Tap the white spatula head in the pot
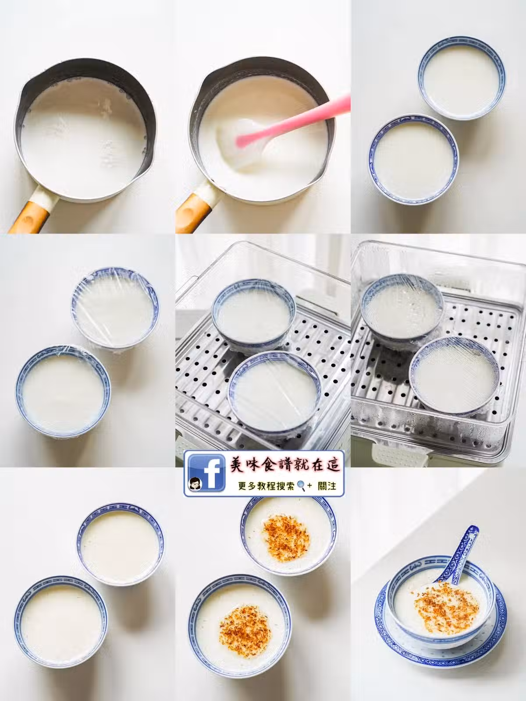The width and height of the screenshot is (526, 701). (x=243, y=144)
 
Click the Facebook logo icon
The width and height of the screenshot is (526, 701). (x=206, y=474)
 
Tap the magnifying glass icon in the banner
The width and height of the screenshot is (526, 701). (x=301, y=486)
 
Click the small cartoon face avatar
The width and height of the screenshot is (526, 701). (x=194, y=484)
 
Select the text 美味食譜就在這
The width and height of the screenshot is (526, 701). (x=285, y=465)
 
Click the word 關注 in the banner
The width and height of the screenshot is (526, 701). (x=327, y=486)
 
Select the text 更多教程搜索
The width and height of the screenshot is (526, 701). (x=266, y=486)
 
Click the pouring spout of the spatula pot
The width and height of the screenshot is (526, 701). (x=204, y=81)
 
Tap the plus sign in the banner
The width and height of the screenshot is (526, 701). (x=309, y=486)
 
